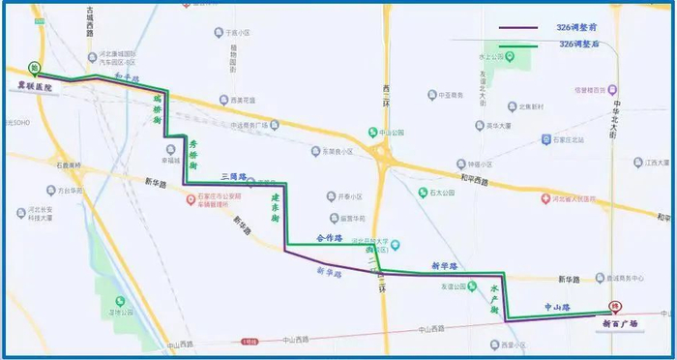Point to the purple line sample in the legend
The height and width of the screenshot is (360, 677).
click(517, 28)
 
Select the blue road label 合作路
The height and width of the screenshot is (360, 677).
click(331, 238)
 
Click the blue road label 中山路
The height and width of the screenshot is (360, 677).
click(561, 308)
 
